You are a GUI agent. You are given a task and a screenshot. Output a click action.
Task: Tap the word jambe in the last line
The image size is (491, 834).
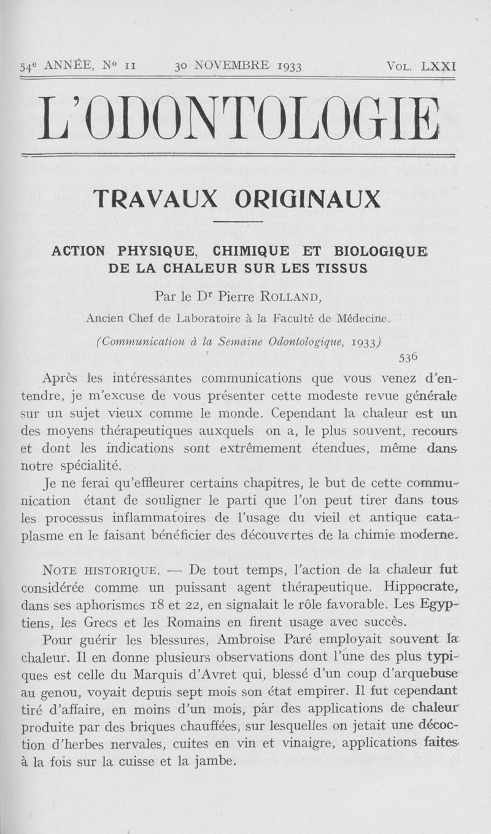click(212, 762)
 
